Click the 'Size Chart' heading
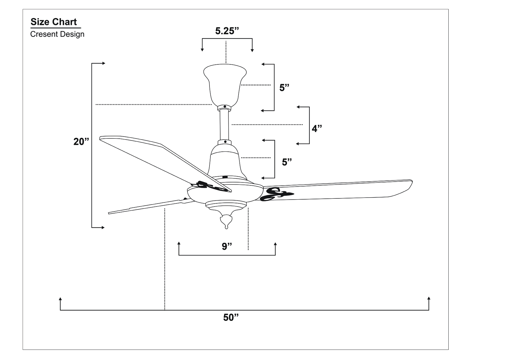[54, 22]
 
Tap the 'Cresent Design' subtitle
[57, 34]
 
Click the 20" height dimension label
[81, 142]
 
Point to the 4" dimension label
[317, 128]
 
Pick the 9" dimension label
[227, 246]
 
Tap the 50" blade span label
[231, 317]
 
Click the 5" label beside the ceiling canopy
[284, 88]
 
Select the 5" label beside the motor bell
[287, 162]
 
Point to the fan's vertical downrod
[224, 125]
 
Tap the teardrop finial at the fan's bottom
[226, 222]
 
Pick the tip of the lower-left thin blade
[109, 213]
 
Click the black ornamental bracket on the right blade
[277, 194]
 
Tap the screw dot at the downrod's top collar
[225, 107]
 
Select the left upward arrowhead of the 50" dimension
[60, 299]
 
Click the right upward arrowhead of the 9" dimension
[275, 243]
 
